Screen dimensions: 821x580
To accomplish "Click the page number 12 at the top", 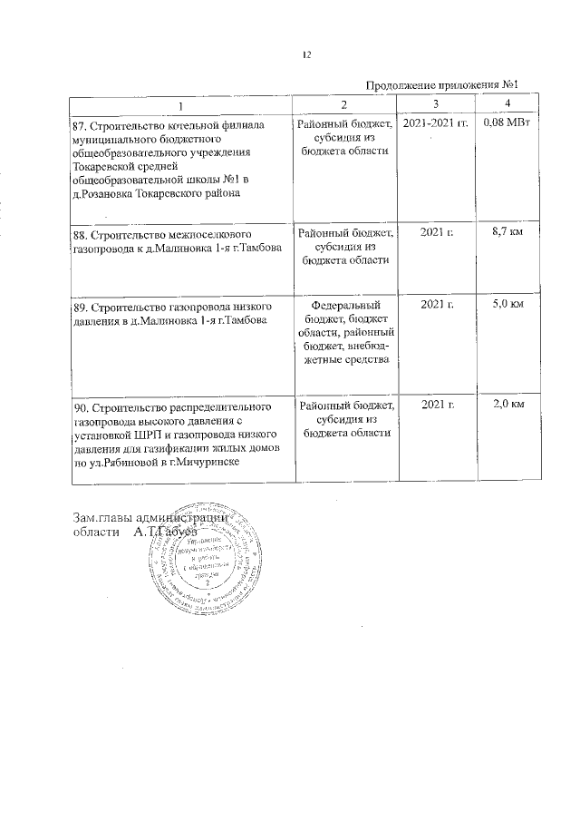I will pyautogui.click(x=307, y=55).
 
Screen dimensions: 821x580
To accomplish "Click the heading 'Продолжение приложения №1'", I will pyautogui.click(x=446, y=85).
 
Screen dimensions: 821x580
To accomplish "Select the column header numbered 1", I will pyautogui.click(x=179, y=106).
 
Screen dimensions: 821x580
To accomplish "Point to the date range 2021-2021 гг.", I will pyautogui.click(x=436, y=122).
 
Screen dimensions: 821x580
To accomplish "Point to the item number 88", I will pyautogui.click(x=79, y=233).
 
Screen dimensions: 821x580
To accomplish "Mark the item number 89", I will pyautogui.click(x=79, y=308).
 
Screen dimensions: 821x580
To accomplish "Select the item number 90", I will pyautogui.click(x=79, y=406).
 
